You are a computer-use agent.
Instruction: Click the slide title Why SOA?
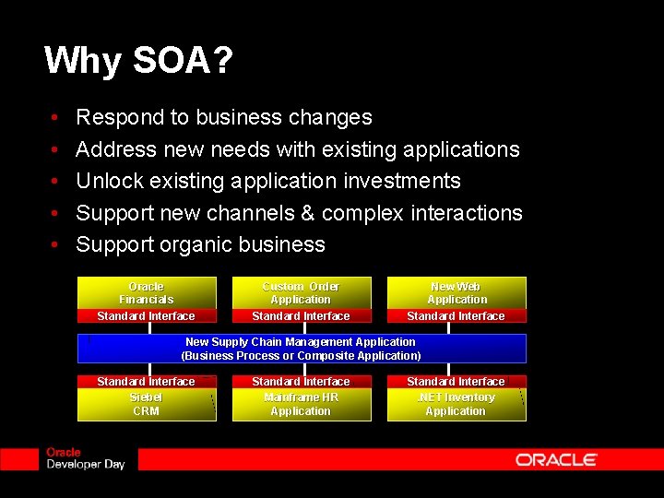tap(138, 62)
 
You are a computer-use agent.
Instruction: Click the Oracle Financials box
tap(146, 292)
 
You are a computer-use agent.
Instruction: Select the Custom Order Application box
tap(301, 292)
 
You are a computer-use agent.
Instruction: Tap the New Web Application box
tap(456, 292)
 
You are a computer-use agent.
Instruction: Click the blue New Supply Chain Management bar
tap(301, 349)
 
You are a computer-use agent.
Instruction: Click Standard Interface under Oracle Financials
tap(146, 316)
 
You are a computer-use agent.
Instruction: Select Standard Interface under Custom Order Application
tap(301, 316)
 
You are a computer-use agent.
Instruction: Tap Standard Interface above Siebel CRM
tap(146, 381)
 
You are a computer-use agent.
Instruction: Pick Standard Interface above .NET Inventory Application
tap(456, 381)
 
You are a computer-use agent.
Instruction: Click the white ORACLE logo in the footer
tap(556, 459)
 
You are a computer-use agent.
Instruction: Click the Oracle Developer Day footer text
tap(85, 459)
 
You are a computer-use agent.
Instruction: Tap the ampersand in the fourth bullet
tap(309, 213)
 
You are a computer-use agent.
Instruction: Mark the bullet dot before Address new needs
tap(55, 150)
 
